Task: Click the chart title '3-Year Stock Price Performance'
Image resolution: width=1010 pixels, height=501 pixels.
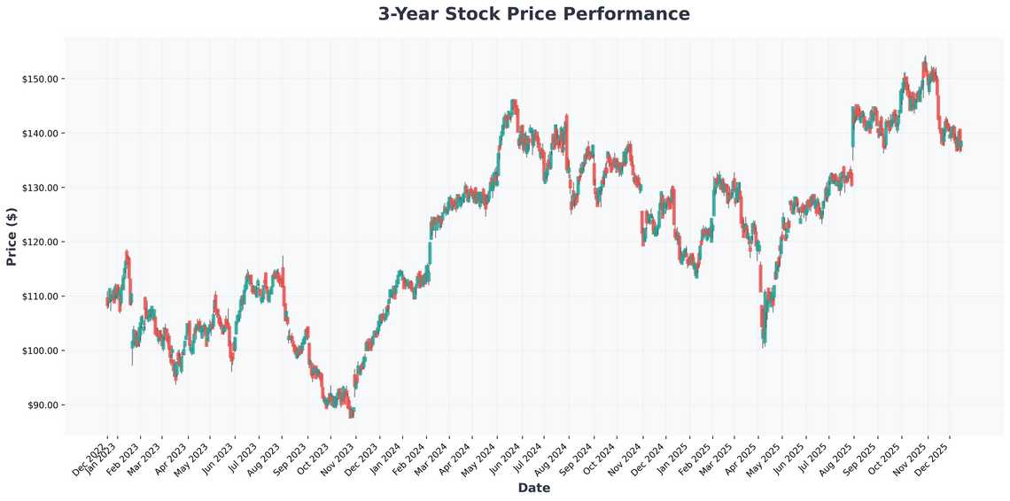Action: (x=533, y=14)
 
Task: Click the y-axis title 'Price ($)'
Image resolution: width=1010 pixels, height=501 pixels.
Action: (x=12, y=236)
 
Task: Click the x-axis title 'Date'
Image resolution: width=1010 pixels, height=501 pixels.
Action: (x=533, y=488)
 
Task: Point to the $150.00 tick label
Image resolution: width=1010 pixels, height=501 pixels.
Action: (x=40, y=80)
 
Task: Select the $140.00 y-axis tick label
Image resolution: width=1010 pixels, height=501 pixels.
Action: (x=40, y=134)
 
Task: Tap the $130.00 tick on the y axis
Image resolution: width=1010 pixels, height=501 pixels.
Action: (x=40, y=188)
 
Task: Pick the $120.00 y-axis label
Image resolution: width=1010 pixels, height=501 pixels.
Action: (x=40, y=243)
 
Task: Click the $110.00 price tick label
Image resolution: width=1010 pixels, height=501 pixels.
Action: (x=40, y=297)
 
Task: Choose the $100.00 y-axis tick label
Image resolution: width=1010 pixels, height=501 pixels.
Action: (x=40, y=351)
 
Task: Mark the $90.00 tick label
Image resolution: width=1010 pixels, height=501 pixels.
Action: (x=43, y=405)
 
